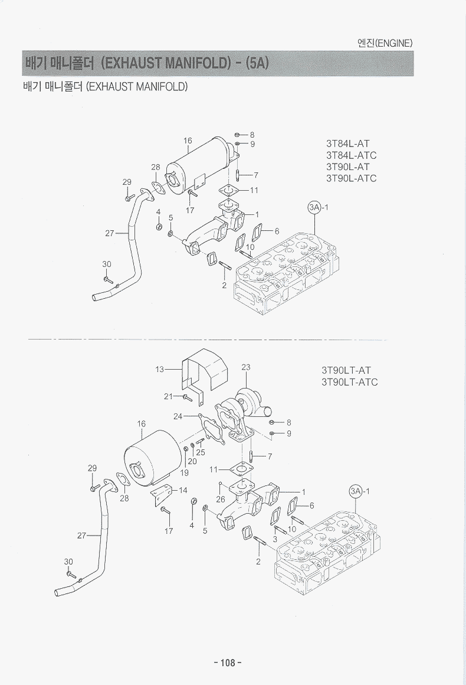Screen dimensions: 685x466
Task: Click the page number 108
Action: coord(228,662)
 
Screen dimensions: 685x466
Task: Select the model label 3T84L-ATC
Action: coord(351,155)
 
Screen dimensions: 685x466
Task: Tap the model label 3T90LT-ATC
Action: coord(350,382)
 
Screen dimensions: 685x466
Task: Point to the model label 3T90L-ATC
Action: coord(351,178)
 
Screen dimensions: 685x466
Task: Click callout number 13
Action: coord(160,370)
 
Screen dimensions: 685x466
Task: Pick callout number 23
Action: coord(246,367)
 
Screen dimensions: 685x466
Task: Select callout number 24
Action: coord(178,416)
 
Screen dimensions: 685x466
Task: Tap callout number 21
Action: coord(168,396)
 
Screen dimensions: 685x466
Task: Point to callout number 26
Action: coord(221,499)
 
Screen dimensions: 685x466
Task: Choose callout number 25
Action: coord(201,452)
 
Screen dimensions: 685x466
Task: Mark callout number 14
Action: coord(183,490)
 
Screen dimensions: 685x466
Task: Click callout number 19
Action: coord(184,472)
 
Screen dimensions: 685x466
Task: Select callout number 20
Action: coord(192,461)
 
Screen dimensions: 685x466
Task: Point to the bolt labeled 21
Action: coord(186,398)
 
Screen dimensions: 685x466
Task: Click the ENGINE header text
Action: coord(385,43)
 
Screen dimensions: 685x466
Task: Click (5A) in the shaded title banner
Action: coord(257,63)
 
